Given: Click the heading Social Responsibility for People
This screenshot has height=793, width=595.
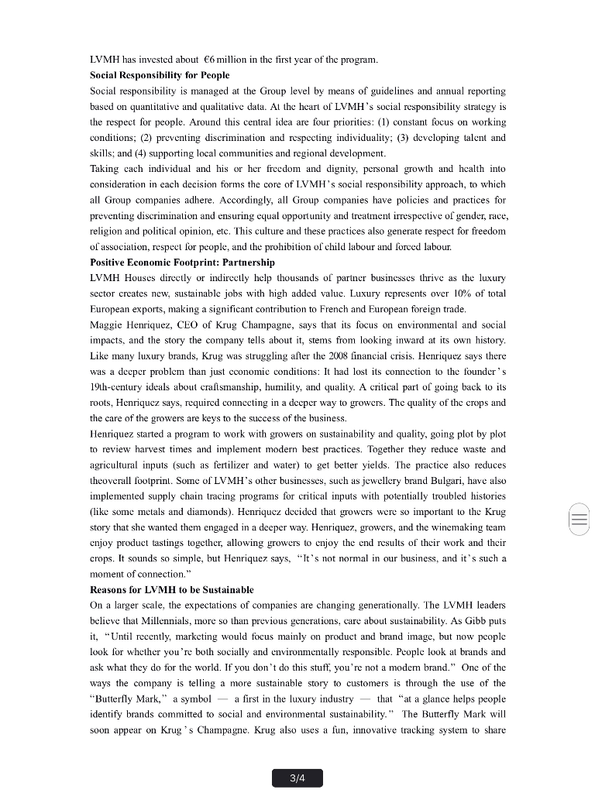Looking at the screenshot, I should click(160, 75).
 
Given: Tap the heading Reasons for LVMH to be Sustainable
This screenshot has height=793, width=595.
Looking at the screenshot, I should click(171, 589).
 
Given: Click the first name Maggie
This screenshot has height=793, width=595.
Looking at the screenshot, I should click(107, 324).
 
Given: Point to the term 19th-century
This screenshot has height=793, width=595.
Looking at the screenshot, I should click(122, 386).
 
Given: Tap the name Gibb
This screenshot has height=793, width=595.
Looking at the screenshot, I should click(473, 620).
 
